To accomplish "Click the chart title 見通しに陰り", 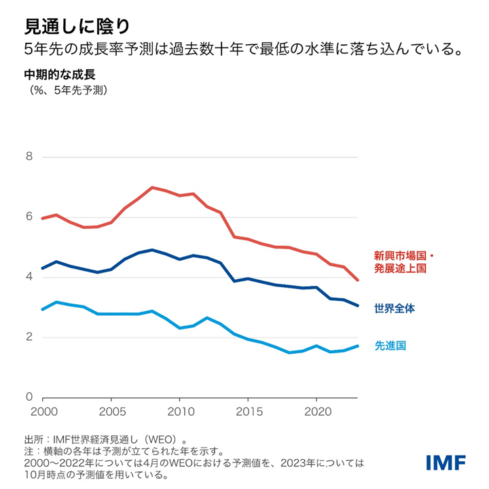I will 73,25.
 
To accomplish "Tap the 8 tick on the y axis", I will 28,157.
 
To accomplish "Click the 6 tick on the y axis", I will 28,217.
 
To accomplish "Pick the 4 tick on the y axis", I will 28,277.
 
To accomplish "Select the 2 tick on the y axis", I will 28,338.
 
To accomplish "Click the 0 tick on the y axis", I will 28,397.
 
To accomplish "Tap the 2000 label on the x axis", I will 42,412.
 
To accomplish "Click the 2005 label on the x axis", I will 111,412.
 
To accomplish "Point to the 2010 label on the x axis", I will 180,412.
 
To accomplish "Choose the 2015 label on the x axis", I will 249,412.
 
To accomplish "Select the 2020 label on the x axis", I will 318,412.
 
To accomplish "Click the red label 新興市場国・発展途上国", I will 403,262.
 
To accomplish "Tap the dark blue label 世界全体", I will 395,308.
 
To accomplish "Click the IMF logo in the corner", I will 446,463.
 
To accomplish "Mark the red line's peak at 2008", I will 152,187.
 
